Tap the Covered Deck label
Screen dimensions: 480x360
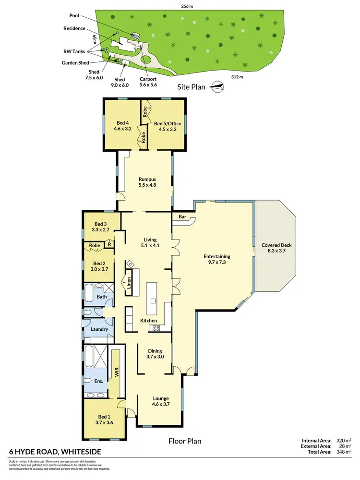(276, 245)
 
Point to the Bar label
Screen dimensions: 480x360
(182, 217)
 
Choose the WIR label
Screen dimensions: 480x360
(116, 372)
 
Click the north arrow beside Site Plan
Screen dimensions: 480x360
(217, 86)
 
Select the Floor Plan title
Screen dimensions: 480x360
(184, 441)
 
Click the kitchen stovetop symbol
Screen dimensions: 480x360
(156, 328)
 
